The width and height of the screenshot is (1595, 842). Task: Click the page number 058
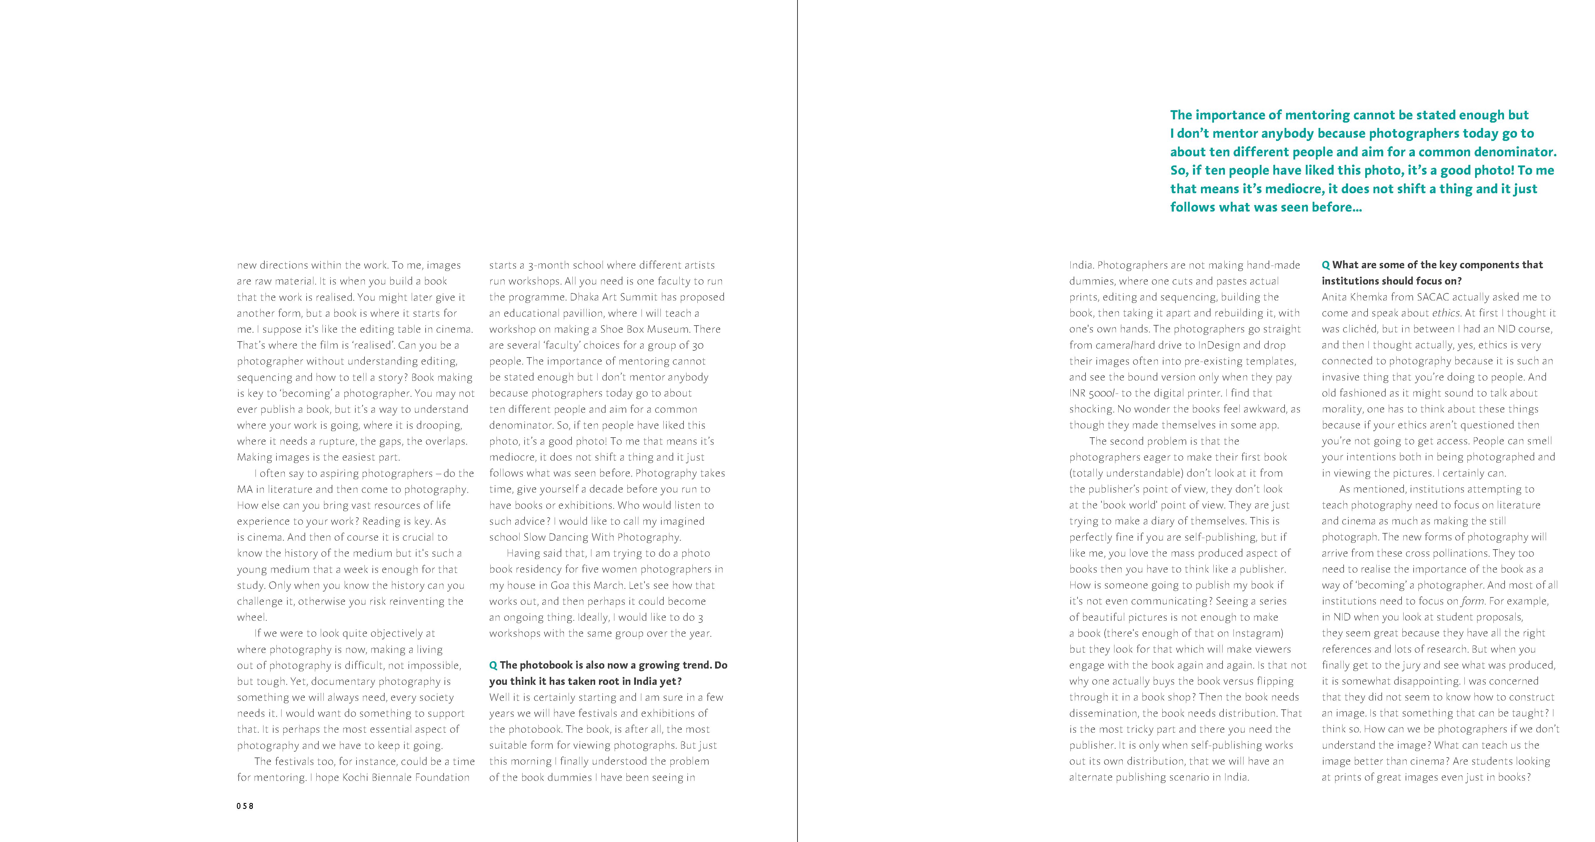pyautogui.click(x=245, y=806)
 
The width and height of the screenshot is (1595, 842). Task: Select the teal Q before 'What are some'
pyautogui.click(x=1326, y=265)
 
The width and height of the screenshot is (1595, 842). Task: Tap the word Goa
pyautogui.click(x=560, y=585)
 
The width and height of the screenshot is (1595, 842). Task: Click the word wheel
pyautogui.click(x=251, y=617)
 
